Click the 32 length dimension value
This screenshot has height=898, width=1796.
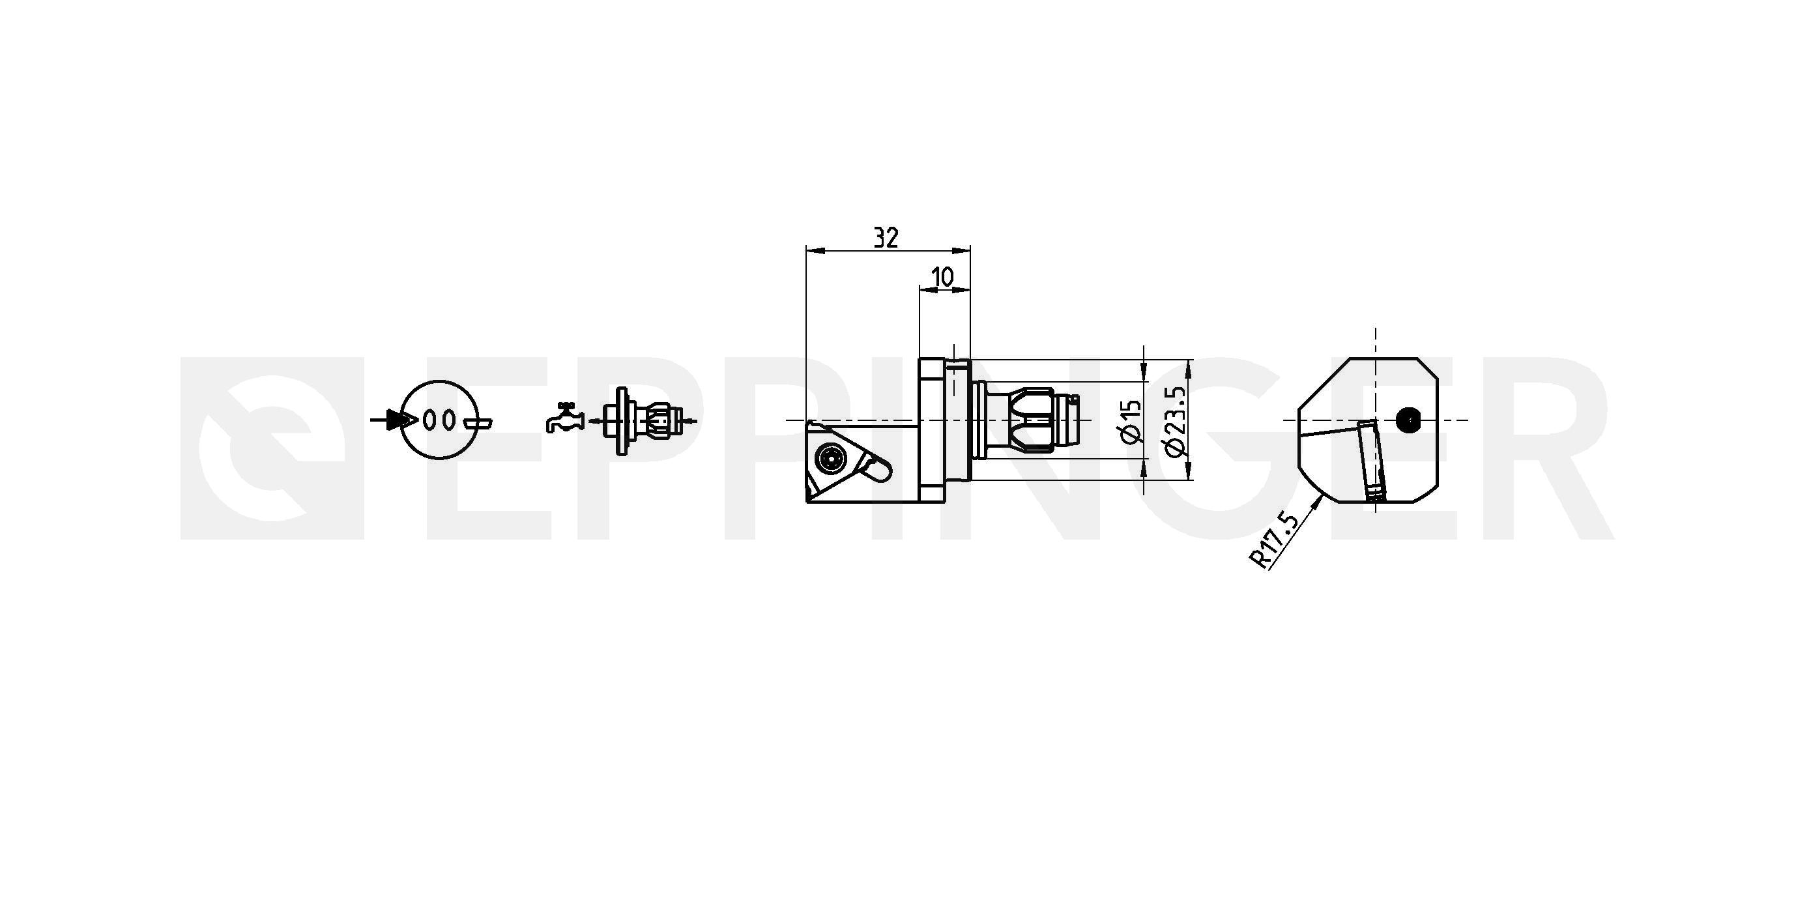(x=887, y=238)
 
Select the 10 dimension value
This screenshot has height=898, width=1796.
(x=942, y=278)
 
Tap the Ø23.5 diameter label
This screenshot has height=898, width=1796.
(x=1175, y=422)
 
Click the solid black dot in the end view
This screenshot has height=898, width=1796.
(x=1409, y=420)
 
